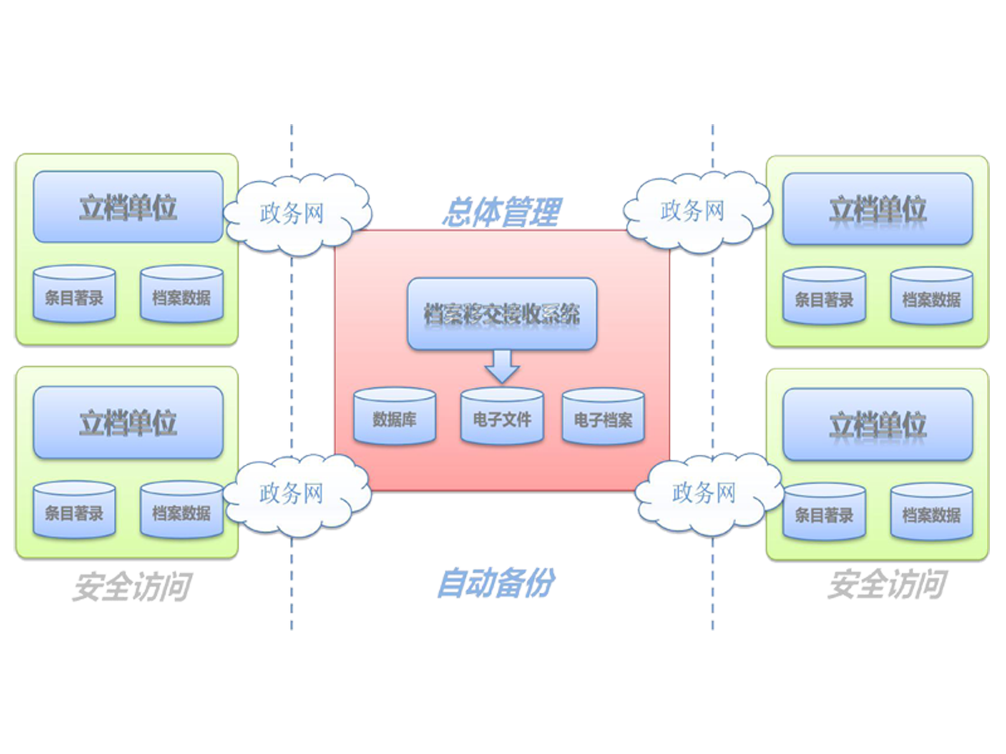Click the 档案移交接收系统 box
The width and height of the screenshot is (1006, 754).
point(501,315)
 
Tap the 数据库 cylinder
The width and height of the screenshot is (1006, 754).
point(395,416)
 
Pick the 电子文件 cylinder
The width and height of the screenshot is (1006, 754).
point(501,416)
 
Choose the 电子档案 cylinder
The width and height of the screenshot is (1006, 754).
point(603,416)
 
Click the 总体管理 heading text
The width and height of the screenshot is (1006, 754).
point(500,213)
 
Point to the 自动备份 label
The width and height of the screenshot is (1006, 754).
point(495,585)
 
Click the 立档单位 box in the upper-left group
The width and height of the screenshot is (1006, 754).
point(127,207)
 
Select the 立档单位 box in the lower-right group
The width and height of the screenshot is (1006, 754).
point(877,424)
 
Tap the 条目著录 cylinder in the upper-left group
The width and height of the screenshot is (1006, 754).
point(74,295)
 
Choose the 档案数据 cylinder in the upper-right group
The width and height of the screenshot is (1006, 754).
point(931,297)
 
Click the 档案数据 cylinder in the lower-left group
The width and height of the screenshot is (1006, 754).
point(181,510)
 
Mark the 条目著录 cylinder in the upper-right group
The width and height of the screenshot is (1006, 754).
point(823,297)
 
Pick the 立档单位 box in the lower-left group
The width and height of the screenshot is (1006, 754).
point(127,422)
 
